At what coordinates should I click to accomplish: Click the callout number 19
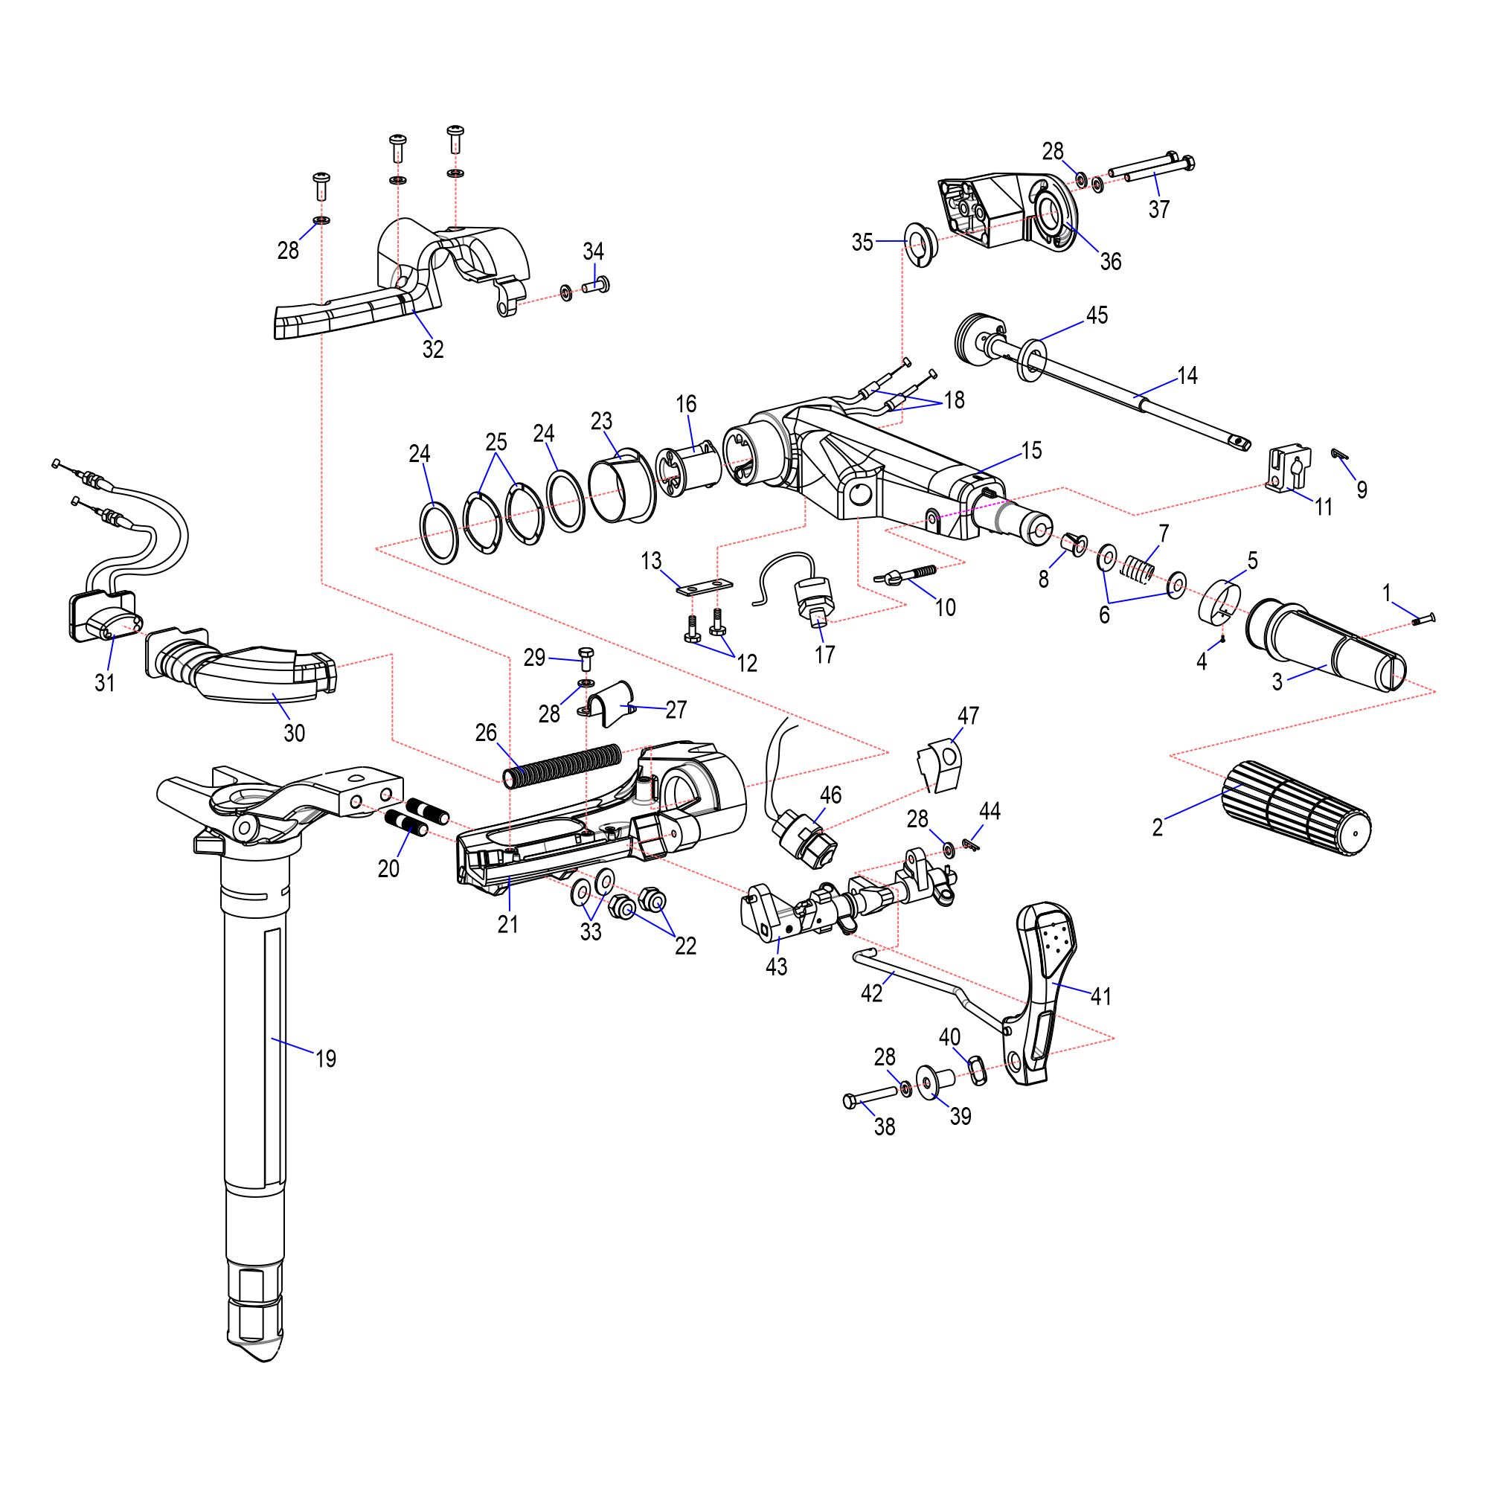click(x=326, y=1059)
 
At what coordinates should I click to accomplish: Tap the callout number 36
click(x=1110, y=262)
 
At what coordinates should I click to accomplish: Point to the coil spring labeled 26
click(x=562, y=766)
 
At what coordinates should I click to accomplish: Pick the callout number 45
click(x=1097, y=315)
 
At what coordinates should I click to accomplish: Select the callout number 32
click(x=433, y=350)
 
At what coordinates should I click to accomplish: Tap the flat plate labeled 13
click(x=704, y=588)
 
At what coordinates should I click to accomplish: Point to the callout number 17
click(x=825, y=655)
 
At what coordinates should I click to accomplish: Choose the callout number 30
click(x=294, y=734)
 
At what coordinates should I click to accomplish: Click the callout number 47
click(x=968, y=716)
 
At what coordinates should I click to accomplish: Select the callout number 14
click(x=1187, y=376)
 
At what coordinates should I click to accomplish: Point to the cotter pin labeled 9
click(x=1339, y=454)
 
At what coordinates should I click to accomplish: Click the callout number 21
click(x=507, y=924)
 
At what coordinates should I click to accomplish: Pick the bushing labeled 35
click(x=919, y=243)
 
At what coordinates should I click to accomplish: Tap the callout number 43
click(x=776, y=966)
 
